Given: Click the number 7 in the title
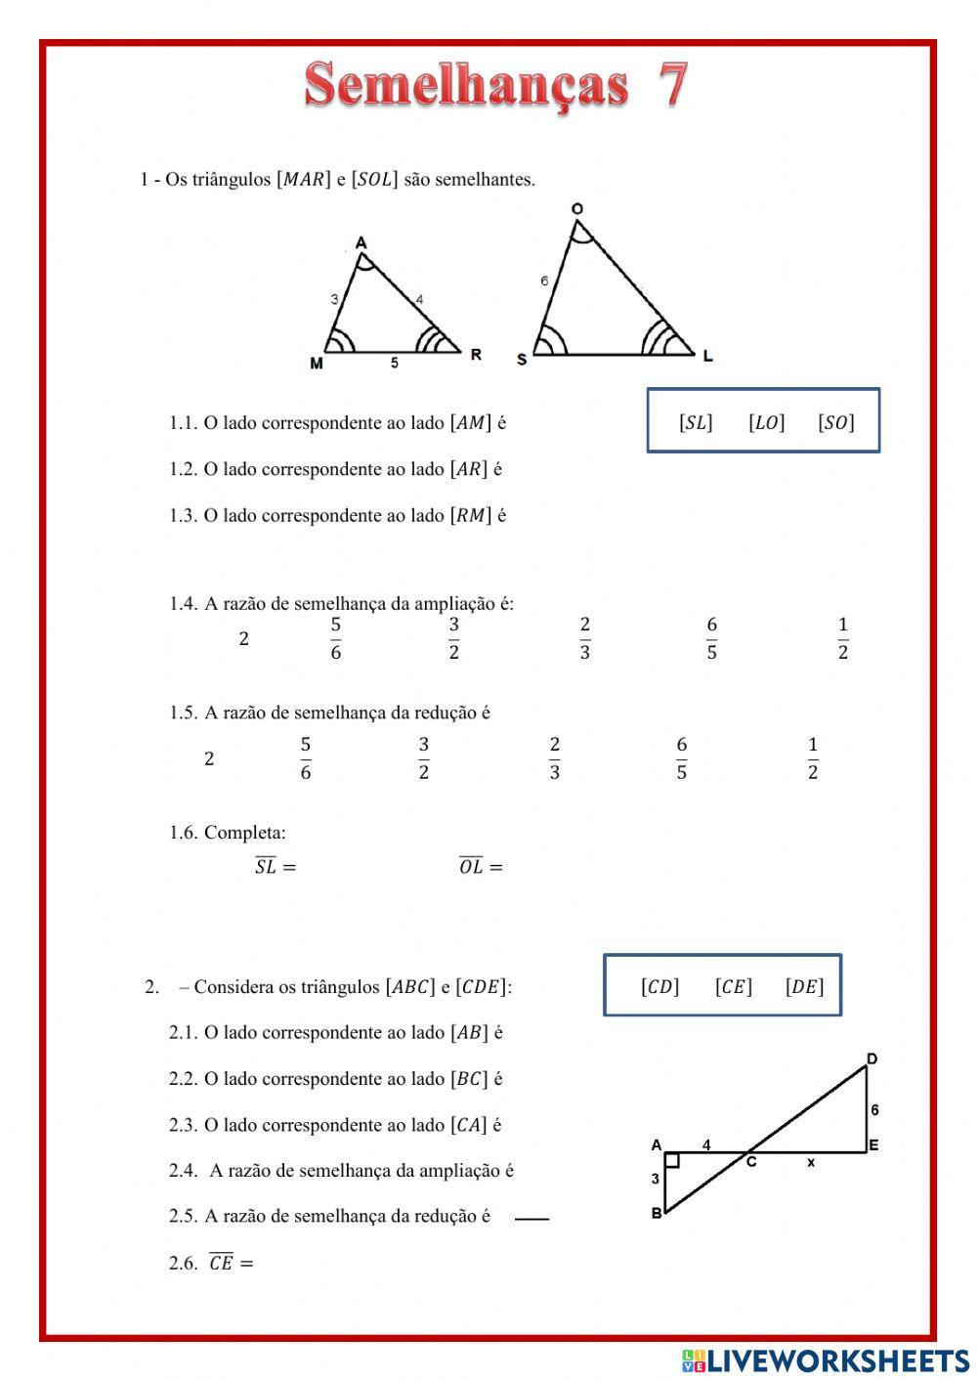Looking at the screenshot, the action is (672, 84).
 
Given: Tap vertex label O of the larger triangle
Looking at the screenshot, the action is (577, 208).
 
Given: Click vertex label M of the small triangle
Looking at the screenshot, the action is (317, 364).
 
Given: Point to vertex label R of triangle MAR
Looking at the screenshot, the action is (476, 354).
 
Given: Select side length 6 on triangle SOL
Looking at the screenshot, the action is (544, 281).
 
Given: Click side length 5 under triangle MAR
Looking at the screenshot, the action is (395, 363).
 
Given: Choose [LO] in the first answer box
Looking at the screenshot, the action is (766, 422).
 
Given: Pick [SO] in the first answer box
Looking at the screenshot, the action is (835, 422).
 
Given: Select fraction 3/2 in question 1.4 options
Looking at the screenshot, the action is (453, 638).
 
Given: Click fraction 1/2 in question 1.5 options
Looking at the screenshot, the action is (812, 758).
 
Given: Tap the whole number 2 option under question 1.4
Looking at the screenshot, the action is (243, 639).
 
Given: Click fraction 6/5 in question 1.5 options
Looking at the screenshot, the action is (681, 758).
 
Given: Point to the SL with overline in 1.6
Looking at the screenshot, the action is (266, 866).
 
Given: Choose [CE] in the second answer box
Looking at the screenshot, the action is (733, 987).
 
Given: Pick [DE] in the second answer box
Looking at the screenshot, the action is (804, 987).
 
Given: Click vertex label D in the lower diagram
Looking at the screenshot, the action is (871, 1059).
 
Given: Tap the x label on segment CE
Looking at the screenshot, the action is (811, 1162).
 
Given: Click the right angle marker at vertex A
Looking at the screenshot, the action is (672, 1160).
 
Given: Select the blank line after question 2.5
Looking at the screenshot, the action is (531, 1219).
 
